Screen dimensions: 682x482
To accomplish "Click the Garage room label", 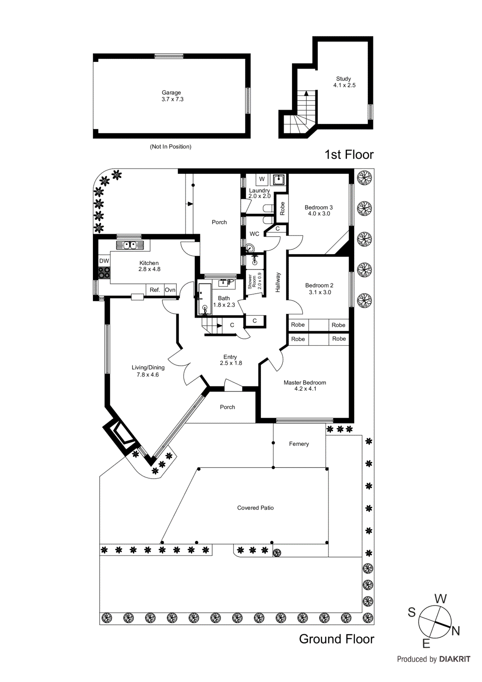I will tap(171, 92).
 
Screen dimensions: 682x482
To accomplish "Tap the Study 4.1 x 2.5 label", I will tap(344, 82).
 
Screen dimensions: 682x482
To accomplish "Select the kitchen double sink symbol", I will tap(130, 245).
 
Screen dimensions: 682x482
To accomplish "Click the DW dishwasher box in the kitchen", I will tap(104, 261).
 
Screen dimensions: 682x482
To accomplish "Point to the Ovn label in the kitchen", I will tap(170, 290).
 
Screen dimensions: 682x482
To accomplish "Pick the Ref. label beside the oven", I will tap(155, 290).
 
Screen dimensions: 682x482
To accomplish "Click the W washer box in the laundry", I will tap(262, 179).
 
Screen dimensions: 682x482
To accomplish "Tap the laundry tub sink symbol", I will tap(279, 179).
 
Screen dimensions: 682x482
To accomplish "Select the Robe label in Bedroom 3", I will tap(282, 208).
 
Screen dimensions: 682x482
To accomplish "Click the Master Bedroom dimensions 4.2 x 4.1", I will tap(305, 389).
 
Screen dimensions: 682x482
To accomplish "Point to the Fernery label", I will tap(299, 444).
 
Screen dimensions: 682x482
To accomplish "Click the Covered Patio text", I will tap(255, 508).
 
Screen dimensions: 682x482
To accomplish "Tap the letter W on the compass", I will tap(440, 598).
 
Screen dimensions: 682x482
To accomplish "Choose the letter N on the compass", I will tap(456, 631).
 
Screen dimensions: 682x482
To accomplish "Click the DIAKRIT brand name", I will tap(454, 659).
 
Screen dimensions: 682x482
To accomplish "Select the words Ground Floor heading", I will tap(336, 639).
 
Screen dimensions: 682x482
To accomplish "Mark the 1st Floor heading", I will tap(349, 154).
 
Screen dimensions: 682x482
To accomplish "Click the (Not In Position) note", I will tap(170, 147).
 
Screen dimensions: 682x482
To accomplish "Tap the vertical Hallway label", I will tap(278, 282).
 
